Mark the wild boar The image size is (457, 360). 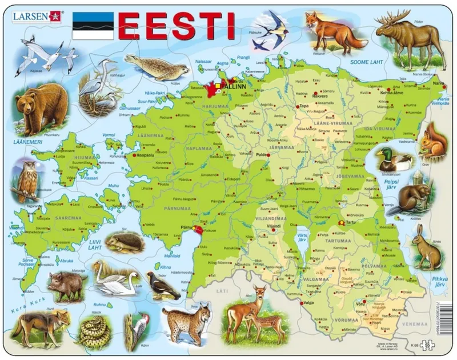pyautogui.click(x=65, y=285)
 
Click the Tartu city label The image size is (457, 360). pyautogui.click(x=351, y=222)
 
